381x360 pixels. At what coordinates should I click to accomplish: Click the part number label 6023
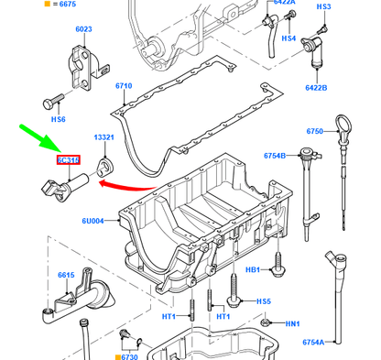coord(83,29)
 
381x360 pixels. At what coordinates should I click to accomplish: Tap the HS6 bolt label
coord(57,119)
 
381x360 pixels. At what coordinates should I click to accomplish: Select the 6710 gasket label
coord(125,86)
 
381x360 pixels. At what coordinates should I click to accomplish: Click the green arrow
coord(38,143)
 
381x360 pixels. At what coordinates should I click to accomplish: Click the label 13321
coord(103,137)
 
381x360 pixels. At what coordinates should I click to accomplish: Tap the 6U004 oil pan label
coord(93,221)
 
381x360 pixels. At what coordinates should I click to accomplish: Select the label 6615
coord(66,274)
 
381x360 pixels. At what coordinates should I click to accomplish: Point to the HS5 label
coord(263,301)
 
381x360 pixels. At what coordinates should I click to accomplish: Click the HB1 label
coord(253,270)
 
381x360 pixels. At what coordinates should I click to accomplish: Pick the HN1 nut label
coord(292,323)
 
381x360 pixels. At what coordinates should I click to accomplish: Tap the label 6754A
coord(314,342)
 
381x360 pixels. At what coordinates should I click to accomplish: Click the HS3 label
coord(323,6)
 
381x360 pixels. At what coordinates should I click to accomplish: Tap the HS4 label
coord(288,38)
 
